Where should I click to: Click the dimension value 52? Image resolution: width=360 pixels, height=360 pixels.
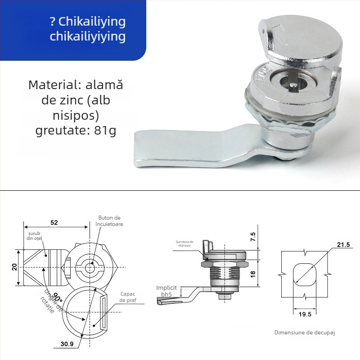pyautogui.click(x=54, y=222)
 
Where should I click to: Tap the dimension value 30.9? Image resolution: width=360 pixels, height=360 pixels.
pyautogui.click(x=67, y=344)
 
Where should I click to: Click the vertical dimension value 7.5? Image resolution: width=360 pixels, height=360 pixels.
pyautogui.click(x=253, y=235)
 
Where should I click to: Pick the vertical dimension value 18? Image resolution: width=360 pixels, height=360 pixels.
pyautogui.click(x=253, y=273)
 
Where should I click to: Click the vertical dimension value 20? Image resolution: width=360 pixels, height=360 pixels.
pyautogui.click(x=15, y=267)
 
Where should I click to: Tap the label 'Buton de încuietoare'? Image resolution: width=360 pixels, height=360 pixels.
pyautogui.click(x=110, y=220)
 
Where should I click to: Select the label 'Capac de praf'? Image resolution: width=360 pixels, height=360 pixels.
pyautogui.click(x=128, y=297)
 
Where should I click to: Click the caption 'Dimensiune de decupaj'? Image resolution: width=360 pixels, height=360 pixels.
pyautogui.click(x=305, y=333)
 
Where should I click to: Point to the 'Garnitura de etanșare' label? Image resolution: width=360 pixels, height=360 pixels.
pyautogui.click(x=184, y=243)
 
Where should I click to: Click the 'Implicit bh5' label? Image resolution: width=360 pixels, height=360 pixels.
pyautogui.click(x=166, y=291)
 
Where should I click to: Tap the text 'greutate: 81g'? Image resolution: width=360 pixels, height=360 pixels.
pyautogui.click(x=76, y=131)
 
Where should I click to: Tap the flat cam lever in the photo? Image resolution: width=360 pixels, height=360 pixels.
pyautogui.click(x=180, y=148)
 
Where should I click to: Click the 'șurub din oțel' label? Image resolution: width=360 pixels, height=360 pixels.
pyautogui.click(x=34, y=237)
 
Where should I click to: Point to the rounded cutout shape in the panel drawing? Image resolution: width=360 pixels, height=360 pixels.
pyautogui.click(x=305, y=274)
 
